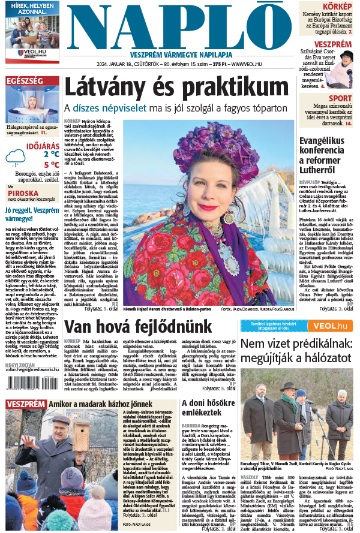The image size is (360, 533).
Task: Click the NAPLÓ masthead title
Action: click(180, 26)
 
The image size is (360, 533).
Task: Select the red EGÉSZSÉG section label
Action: click(25, 80)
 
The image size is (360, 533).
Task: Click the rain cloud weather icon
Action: click(16, 158)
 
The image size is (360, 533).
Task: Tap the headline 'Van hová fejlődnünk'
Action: click(130, 327)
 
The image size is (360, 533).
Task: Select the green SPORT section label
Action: click(340, 98)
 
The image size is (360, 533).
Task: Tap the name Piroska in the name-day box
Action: click(19, 194)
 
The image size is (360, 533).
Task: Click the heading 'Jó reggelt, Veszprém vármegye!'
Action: click(31, 215)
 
